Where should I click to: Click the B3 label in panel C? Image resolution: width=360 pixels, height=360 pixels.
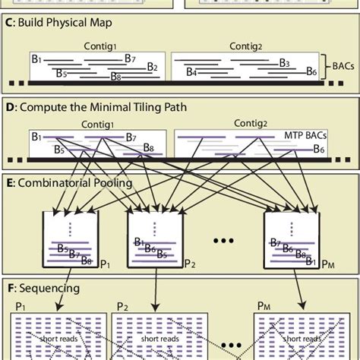tap(284, 63)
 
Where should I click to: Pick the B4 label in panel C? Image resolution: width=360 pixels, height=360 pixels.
tap(191, 74)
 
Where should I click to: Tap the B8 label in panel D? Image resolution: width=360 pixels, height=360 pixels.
tap(148, 148)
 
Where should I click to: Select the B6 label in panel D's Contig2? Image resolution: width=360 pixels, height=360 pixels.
tap(319, 148)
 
